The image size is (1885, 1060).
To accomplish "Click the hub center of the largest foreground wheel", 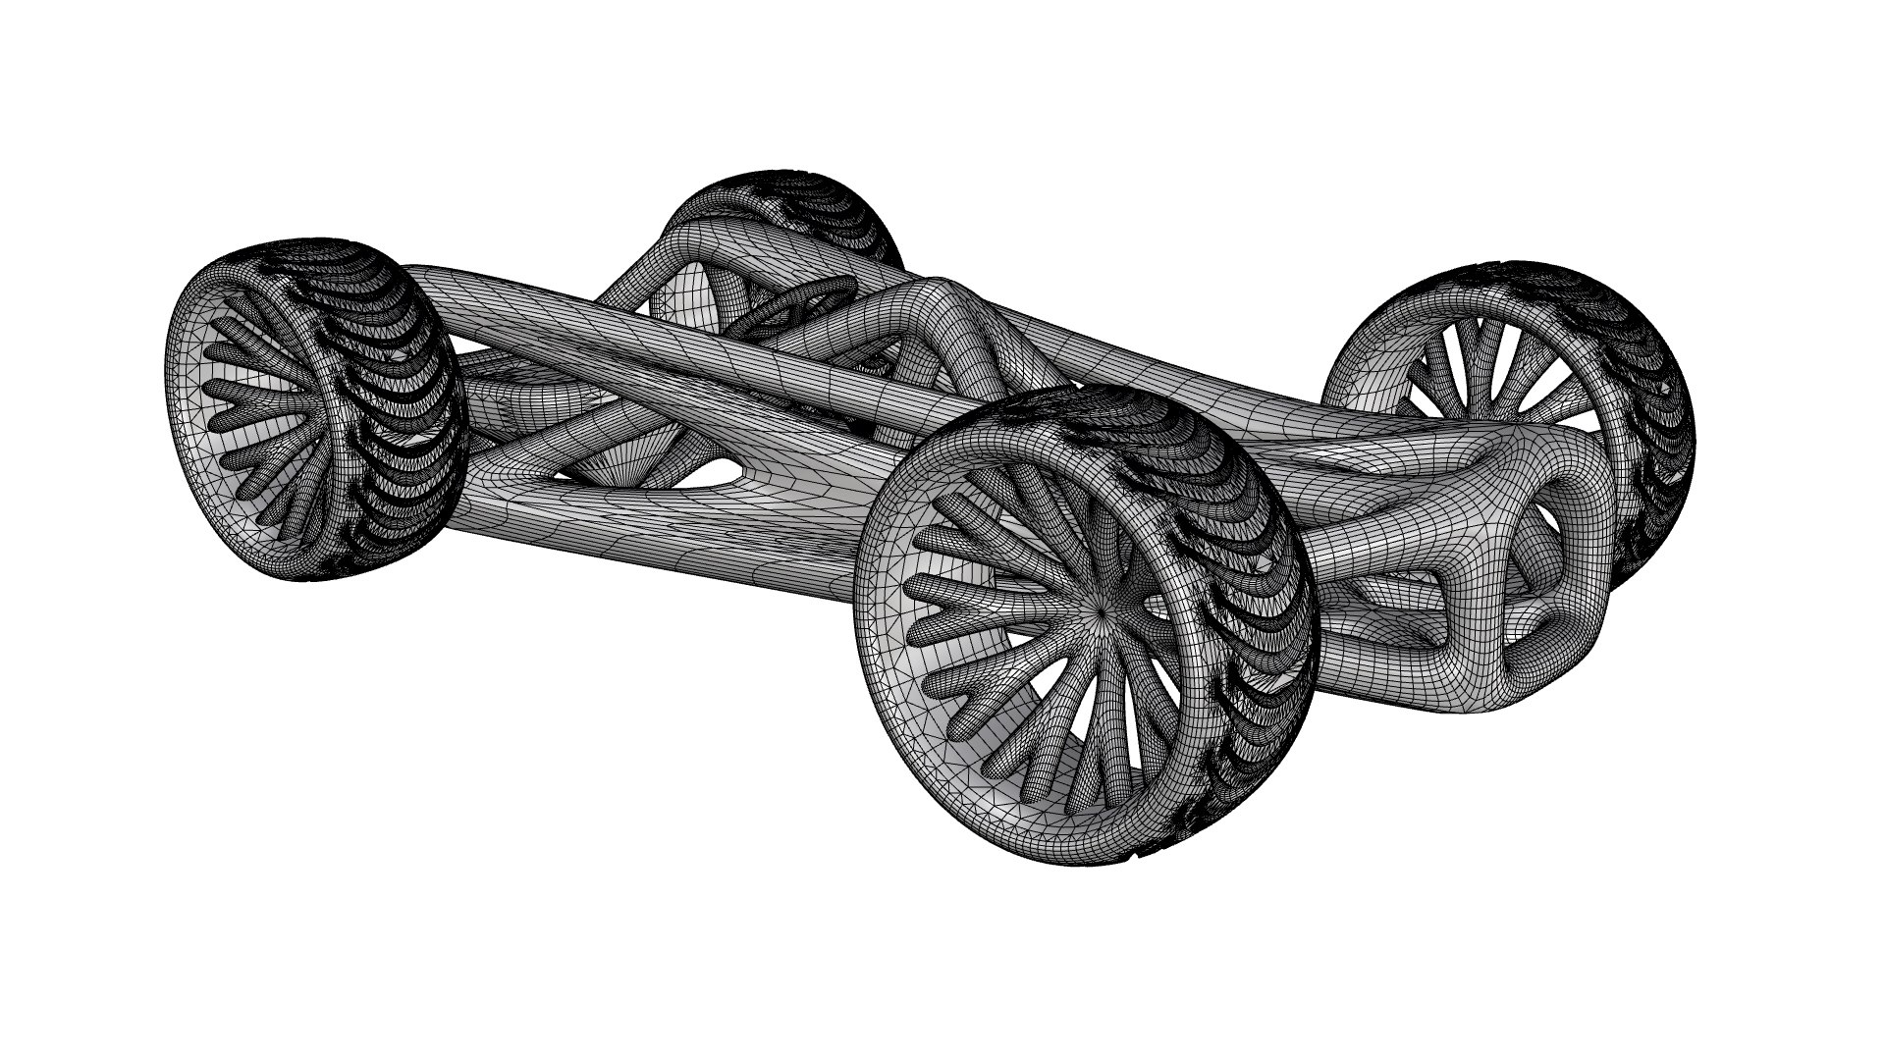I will (1103, 611).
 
